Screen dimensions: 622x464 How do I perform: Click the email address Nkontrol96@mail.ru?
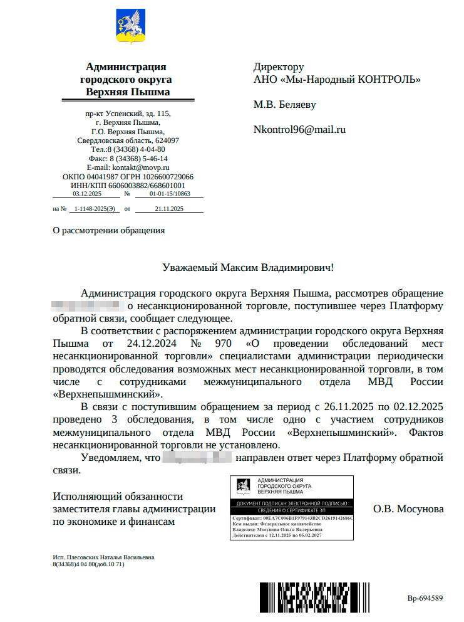point(299,130)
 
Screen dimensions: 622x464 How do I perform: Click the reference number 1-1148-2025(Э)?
point(95,208)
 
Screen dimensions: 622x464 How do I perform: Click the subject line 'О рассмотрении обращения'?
point(109,230)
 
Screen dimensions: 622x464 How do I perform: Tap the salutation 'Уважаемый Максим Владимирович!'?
point(248,267)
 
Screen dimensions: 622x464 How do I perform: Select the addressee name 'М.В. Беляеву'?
point(285,104)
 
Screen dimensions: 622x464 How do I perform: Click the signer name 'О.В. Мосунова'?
point(408,509)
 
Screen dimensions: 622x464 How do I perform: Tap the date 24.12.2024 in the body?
point(153,344)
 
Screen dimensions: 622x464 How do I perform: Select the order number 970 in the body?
point(222,344)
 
